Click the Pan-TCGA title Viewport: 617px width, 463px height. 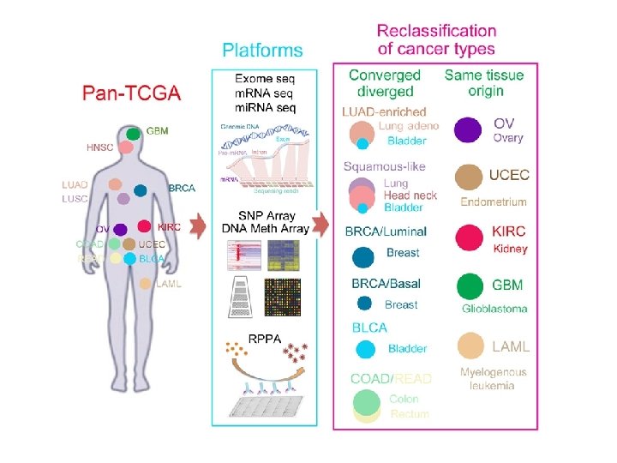131,93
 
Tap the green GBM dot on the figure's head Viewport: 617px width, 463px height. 134,133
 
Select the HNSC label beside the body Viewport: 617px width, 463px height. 99,147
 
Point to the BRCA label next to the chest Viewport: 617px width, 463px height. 182,188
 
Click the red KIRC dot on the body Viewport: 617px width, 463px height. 144,227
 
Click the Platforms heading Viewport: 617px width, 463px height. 262,50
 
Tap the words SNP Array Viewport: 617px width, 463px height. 265,215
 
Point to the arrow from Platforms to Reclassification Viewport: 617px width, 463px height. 320,225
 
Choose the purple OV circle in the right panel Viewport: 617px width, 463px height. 468,130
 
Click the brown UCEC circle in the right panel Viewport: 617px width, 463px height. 469,177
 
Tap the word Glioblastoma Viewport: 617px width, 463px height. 494,308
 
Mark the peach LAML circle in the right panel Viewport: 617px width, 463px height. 470,346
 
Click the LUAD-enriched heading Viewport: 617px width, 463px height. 384,111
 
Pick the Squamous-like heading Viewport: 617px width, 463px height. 384,166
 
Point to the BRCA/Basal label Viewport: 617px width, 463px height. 386,284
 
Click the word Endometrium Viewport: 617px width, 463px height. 493,201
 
